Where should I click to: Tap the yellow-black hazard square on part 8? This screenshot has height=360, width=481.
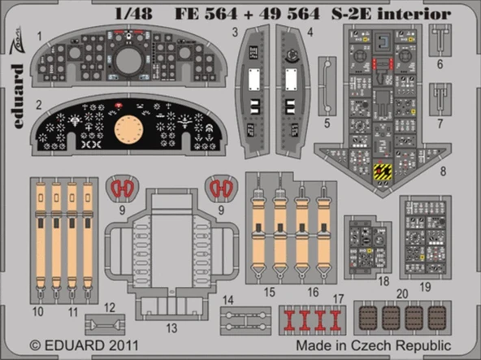point(382,171)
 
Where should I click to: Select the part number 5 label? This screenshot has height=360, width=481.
point(326,124)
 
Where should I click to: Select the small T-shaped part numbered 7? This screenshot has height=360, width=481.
point(439,96)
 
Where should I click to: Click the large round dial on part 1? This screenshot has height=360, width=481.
point(128,59)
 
